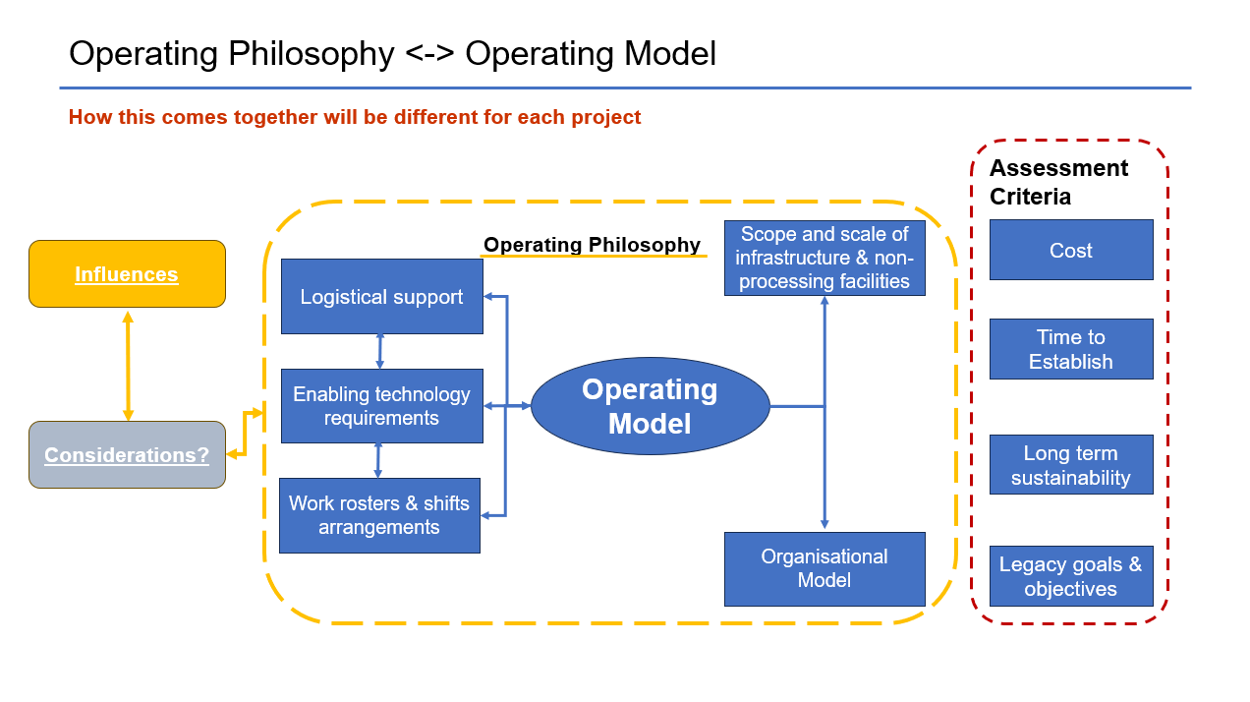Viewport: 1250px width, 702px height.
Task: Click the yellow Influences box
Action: pyautogui.click(x=127, y=273)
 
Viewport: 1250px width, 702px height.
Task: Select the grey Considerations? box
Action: pyautogui.click(x=127, y=454)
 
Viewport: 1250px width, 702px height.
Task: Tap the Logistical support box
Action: pyautogui.click(x=381, y=297)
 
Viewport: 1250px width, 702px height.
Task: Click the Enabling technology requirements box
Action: pyautogui.click(x=381, y=406)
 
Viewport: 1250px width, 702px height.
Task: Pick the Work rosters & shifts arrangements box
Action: pyautogui.click(x=379, y=515)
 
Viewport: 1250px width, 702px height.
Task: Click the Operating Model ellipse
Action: pyautogui.click(x=651, y=406)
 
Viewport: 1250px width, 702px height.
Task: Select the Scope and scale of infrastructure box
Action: pyautogui.click(x=824, y=258)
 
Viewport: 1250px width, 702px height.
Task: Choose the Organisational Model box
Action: pyautogui.click(x=824, y=569)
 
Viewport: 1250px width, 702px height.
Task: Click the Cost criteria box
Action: pyautogui.click(x=1071, y=250)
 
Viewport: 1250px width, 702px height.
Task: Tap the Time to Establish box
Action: pyautogui.click(x=1071, y=349)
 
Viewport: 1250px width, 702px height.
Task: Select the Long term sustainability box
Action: pyautogui.click(x=1071, y=465)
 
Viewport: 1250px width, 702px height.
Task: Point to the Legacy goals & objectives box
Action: pyautogui.click(x=1071, y=576)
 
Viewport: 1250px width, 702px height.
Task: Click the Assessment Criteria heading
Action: pyautogui.click(x=1058, y=182)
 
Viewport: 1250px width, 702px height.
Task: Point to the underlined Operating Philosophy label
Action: pyautogui.click(x=592, y=245)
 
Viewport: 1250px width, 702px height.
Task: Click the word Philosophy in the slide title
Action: pyautogui.click(x=312, y=55)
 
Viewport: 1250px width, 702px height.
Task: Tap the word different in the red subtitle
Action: pyautogui.click(x=421, y=117)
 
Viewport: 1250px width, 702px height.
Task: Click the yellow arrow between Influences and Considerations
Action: pyautogui.click(x=128, y=366)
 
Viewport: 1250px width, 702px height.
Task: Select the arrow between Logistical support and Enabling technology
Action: pyautogui.click(x=380, y=351)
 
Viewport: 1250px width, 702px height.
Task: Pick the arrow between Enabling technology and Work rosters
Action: pyautogui.click(x=377, y=461)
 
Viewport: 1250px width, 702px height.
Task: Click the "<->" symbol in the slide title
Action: pyautogui.click(x=429, y=54)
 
